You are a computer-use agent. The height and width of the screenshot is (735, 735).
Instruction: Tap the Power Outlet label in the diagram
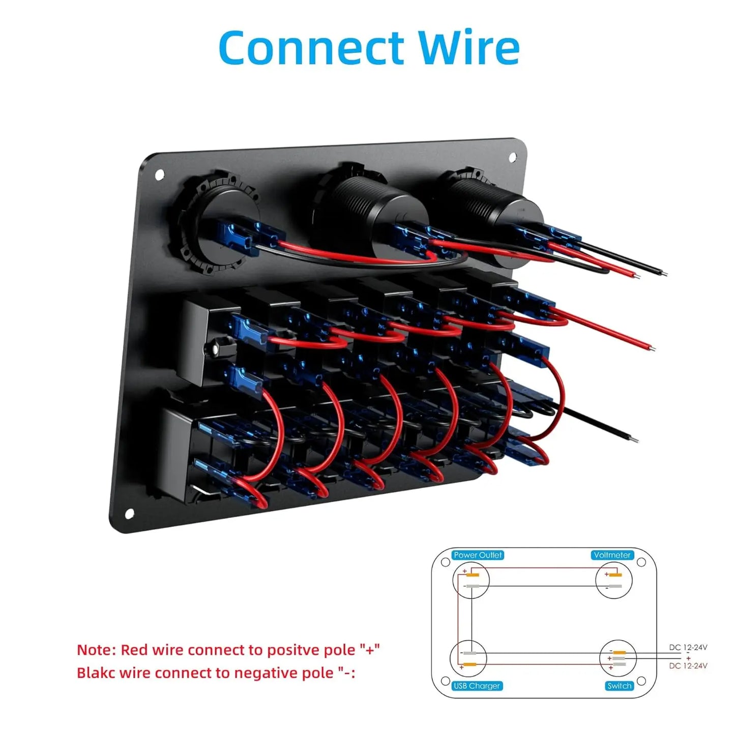[x=477, y=555]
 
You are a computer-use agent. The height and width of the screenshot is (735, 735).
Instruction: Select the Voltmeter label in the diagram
[x=612, y=555]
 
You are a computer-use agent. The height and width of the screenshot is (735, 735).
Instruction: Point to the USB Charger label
[x=477, y=686]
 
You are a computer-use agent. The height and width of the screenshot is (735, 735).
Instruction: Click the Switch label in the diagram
[x=619, y=686]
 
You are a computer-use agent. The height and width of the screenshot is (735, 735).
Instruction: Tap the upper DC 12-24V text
[x=688, y=648]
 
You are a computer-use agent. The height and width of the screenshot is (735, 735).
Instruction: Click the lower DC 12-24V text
[x=688, y=666]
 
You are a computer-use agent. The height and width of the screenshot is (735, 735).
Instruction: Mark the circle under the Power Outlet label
[x=471, y=580]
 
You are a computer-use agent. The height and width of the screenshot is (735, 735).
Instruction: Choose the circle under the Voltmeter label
[x=613, y=580]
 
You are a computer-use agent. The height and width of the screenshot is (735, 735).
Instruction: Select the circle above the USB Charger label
[x=468, y=659]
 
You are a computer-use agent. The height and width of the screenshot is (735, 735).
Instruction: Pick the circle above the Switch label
[x=618, y=658]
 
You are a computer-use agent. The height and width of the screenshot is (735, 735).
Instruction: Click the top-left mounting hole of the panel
[x=159, y=175]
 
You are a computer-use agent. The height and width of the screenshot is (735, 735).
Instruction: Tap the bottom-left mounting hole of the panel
[x=129, y=514]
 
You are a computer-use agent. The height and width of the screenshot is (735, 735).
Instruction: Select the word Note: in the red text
[x=96, y=650]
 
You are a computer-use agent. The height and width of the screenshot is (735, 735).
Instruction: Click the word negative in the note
[x=264, y=672]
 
